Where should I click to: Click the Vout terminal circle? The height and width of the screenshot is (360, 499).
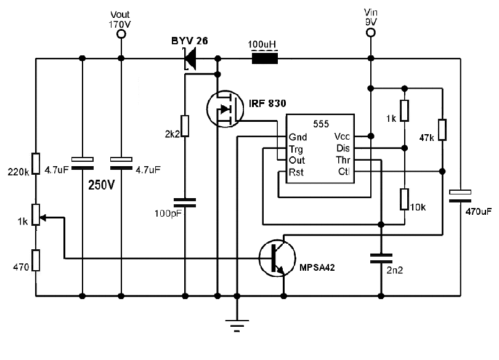pos(121,34)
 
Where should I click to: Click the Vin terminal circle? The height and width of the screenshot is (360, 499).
pos(371,33)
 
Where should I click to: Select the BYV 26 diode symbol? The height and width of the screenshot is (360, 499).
pos(190,58)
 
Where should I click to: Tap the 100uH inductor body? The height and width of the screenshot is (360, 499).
pos(265,58)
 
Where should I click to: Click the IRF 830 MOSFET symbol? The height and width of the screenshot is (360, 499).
pos(225,109)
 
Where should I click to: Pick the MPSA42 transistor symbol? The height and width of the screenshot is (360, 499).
pos(277,258)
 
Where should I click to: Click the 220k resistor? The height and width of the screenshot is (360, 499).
pos(36,164)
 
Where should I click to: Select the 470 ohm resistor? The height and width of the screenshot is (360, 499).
pos(36,260)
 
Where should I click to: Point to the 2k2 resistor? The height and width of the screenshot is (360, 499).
pos(185,126)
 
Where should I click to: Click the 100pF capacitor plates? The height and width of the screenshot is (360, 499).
pos(185,202)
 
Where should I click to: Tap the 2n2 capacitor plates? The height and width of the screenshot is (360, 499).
pos(381,258)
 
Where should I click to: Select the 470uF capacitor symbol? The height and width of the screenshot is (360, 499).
pos(460,196)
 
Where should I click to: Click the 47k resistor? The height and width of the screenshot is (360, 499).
pos(442,130)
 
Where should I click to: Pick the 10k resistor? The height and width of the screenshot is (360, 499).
pos(405,199)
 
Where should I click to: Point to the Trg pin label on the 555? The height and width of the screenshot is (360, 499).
pos(296,149)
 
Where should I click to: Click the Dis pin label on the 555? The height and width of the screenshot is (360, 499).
pos(343,148)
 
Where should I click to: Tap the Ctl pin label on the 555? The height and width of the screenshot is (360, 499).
pos(344,172)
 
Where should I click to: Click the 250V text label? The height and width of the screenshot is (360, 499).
pos(101,185)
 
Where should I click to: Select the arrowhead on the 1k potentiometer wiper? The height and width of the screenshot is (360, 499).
pos(43,218)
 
